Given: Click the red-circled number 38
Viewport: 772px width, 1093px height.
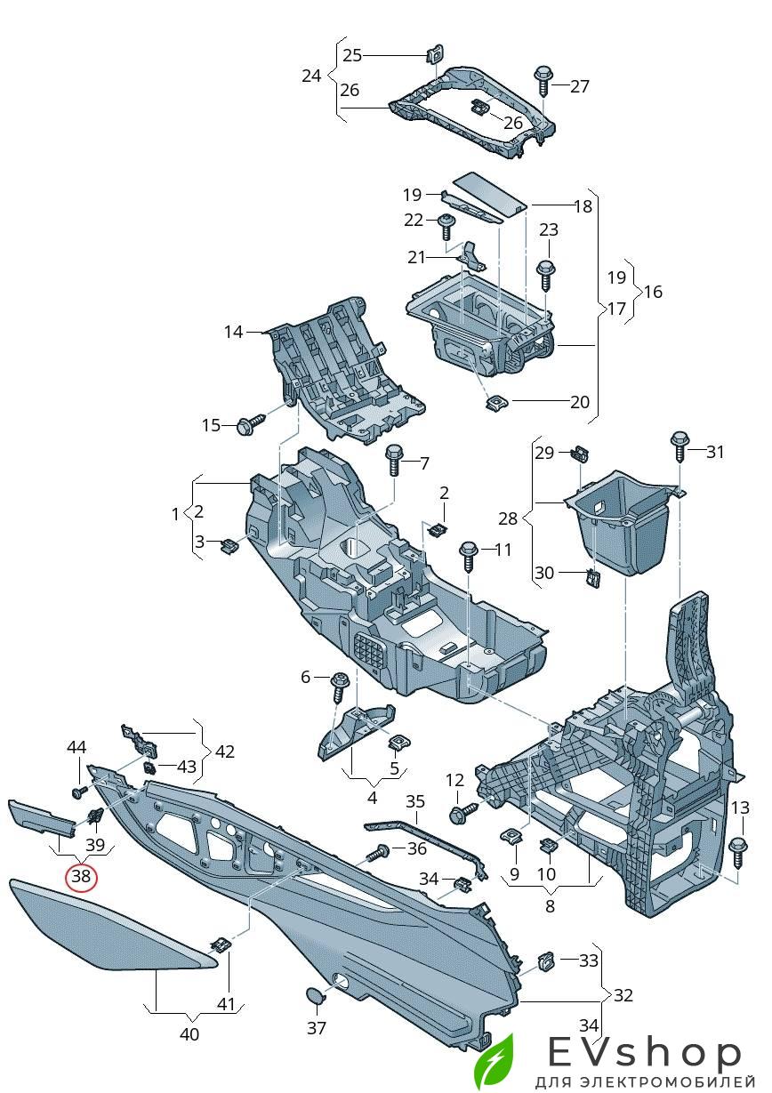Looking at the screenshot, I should [82, 876].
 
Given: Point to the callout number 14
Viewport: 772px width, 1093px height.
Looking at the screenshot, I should [233, 332].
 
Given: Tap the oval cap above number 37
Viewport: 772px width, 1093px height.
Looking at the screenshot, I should [316, 994].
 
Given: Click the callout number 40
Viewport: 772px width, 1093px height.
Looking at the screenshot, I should [189, 1034].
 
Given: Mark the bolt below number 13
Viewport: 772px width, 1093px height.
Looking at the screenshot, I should [737, 851].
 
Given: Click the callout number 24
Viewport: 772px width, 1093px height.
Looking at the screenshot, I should [310, 76].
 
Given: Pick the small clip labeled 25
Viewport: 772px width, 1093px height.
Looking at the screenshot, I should [435, 54].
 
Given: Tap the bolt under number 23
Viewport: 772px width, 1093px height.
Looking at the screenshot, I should [546, 273].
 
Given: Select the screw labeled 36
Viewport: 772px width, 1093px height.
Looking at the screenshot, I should [380, 854].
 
